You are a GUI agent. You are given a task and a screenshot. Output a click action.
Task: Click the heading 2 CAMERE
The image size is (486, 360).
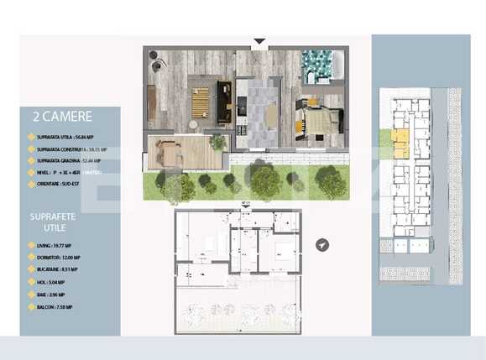61,117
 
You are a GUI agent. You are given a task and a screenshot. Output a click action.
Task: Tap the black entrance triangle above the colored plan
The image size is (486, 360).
259,40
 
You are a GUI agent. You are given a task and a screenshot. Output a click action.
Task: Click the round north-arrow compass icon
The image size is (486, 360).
323,245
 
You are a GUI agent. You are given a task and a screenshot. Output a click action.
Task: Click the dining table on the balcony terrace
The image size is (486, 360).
171,154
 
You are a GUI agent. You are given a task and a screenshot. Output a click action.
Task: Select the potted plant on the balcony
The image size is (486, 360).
217,142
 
